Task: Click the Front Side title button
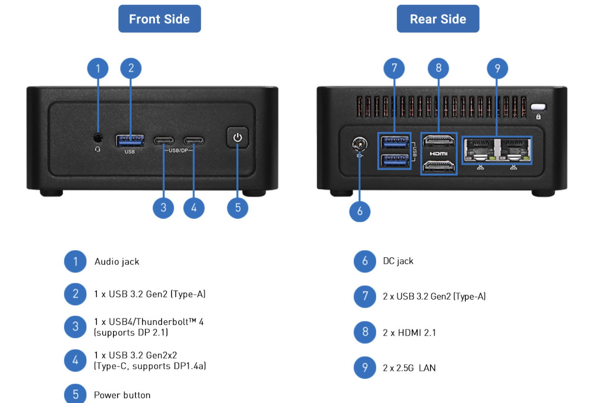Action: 159,19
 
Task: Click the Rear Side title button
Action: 438,19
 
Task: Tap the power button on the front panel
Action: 237,138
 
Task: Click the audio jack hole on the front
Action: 98,138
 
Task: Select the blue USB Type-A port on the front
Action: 130,140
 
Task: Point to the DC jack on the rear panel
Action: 360,144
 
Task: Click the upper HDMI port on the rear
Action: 439,141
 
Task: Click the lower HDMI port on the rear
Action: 439,166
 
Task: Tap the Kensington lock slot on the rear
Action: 538,107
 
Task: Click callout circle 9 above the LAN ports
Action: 497,68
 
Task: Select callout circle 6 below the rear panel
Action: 360,211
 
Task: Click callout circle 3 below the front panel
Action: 163,208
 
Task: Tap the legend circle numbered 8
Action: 365,332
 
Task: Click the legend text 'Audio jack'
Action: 117,261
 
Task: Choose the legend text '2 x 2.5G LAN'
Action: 409,368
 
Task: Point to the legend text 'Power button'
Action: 122,395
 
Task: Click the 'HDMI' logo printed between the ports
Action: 439,154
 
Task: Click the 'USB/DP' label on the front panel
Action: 178,150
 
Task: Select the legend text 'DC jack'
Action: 398,261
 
